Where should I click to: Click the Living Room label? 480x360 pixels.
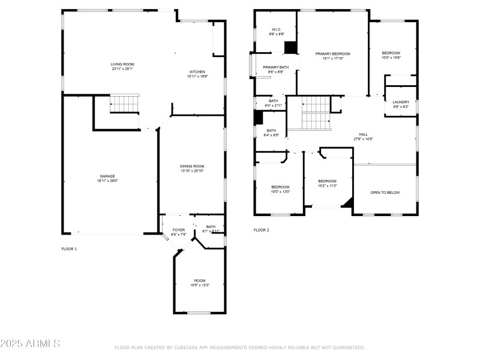coord(122,64)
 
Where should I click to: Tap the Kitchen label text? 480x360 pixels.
coord(198,71)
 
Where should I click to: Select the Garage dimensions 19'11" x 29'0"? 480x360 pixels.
coord(107,181)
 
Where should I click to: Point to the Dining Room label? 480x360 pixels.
coord(192,166)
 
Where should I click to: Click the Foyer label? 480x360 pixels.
coord(179,230)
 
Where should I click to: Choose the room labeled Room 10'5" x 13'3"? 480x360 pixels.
coord(199,283)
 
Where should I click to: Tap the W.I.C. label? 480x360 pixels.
coord(277,29)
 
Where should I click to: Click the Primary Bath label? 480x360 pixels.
coord(276,67)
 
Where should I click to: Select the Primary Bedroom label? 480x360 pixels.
coord(333,53)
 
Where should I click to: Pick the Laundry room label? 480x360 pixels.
coord(401,102)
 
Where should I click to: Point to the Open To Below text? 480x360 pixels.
coord(385,193)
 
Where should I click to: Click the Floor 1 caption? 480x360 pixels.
coord(69,248)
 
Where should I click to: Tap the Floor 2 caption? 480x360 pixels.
coord(261,230)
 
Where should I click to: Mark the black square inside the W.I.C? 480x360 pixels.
coord(291,47)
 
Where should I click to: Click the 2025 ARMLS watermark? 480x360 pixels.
coord(30,344)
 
